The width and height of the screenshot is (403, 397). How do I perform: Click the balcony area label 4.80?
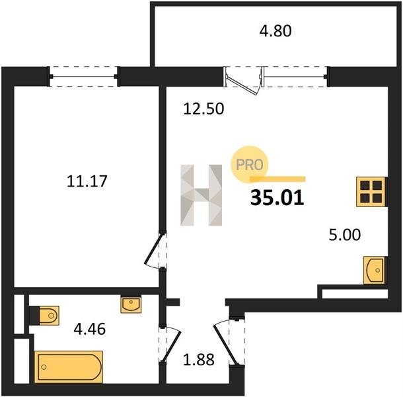coord(275,31)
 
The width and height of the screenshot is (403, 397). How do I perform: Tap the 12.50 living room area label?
coord(203,109)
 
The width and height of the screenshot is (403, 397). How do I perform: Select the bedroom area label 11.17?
coord(87,181)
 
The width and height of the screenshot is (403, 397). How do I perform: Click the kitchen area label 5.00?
coord(345,235)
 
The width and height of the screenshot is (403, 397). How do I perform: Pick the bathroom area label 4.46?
coord(90,329)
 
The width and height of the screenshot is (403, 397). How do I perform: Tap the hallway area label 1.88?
coord(199,360)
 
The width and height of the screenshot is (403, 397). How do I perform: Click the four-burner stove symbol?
coord(371,191)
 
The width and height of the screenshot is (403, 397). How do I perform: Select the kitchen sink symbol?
coord(374,270)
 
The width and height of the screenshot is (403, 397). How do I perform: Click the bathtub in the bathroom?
coord(69,367)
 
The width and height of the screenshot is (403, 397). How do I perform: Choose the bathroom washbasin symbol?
coord(131,305)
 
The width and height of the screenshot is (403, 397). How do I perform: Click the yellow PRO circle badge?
coord(250,164)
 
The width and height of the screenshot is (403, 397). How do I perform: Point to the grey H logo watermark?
coord(201,195)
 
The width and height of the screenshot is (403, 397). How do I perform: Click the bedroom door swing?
coord(153,251)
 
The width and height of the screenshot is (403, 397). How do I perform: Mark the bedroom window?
coord(84,77)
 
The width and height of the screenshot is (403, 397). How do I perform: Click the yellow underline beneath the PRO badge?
coord(277,179)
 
